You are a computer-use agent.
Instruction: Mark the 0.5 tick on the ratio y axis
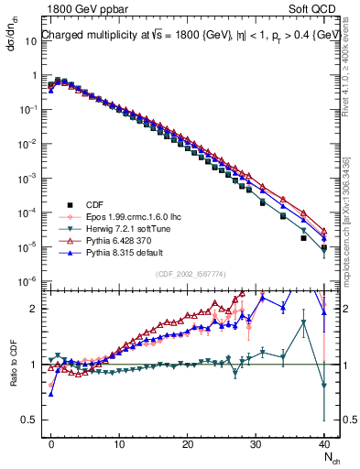point(30,420)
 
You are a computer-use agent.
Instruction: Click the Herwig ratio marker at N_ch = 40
point(324,386)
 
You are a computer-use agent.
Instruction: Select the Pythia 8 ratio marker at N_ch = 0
point(51,394)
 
